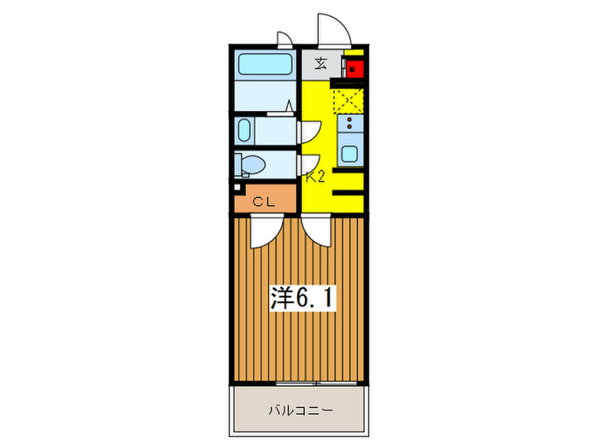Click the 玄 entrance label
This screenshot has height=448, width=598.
320,64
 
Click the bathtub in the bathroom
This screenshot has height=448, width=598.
264,66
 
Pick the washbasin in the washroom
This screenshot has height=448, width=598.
244,132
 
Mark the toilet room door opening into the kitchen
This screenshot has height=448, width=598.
309,162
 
